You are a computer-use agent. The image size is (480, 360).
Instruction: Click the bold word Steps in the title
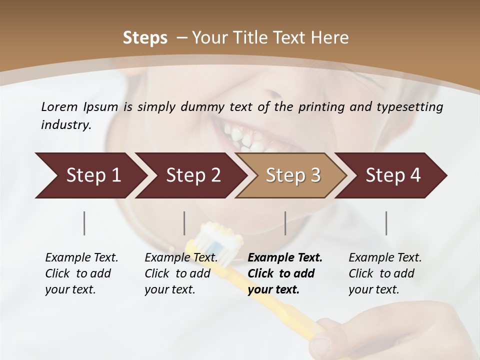coord(145,38)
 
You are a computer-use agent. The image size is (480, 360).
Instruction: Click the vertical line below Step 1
coord(84,223)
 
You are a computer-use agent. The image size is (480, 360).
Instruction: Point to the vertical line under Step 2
coord(184,223)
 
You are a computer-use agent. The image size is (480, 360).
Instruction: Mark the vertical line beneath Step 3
coord(285,223)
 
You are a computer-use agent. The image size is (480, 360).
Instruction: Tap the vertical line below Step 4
coord(386,223)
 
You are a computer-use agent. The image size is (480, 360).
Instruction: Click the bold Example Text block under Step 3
coord(285,273)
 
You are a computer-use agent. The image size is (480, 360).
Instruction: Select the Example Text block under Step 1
coord(81,273)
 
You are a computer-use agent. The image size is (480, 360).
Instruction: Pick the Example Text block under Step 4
coord(385,273)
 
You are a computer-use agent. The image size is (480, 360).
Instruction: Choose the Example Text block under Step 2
coord(181,273)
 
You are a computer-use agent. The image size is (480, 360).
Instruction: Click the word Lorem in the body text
coord(59,107)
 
